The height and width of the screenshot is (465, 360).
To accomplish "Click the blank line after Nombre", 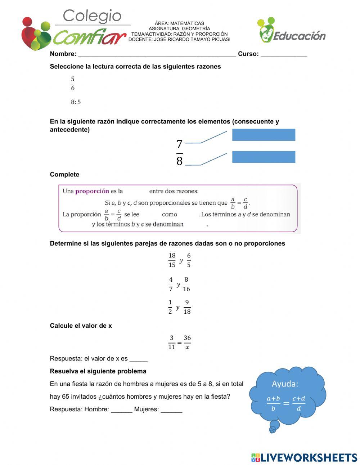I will click(157, 54).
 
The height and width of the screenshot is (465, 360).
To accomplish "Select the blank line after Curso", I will click(284, 54).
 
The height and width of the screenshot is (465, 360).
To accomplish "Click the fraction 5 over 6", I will click(73, 84).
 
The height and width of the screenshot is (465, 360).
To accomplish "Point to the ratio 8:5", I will click(76, 102).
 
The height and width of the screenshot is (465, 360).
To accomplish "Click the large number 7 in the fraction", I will click(179, 144).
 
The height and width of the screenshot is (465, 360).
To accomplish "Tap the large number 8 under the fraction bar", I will click(179, 161).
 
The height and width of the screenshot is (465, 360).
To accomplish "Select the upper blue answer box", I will click(264, 135).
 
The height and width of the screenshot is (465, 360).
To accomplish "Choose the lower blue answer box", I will click(264, 157).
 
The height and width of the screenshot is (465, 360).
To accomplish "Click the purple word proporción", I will click(92, 191).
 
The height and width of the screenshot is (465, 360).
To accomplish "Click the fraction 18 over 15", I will click(172, 260).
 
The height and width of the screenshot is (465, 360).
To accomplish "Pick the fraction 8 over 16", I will click(186, 284).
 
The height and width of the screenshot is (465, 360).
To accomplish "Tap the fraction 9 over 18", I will click(187, 307).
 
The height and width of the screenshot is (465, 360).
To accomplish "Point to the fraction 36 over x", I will click(187, 342).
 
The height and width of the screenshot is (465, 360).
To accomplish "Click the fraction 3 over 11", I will click(171, 342).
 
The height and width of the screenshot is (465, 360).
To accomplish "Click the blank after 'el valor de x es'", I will click(138, 359).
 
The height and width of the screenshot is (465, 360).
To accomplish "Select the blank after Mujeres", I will click(171, 410).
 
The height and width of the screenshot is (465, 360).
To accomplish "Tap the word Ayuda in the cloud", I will click(285, 384).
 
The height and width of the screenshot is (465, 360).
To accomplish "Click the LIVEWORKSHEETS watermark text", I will click(309, 457).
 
